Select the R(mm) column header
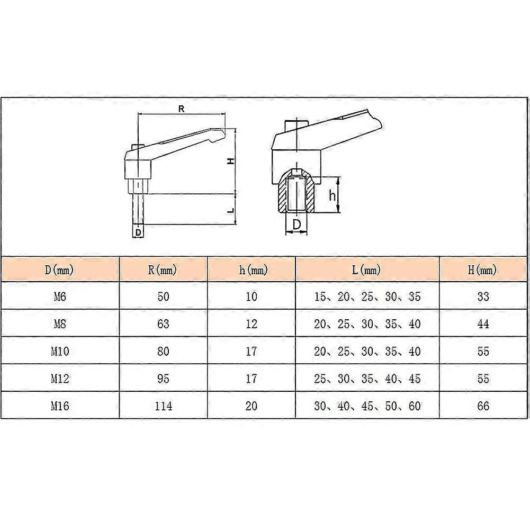coord(163,271)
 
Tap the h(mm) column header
coord(252,271)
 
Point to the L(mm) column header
coord(367,271)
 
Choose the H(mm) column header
coord(482,271)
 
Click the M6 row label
coord(59,297)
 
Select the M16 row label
coord(59,406)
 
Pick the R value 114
coord(163,406)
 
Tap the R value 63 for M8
coord(163,324)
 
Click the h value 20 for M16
coord(252,406)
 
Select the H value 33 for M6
coord(483,297)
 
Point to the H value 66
coord(483,406)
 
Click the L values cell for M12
coord(367,379)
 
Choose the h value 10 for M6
coord(252,297)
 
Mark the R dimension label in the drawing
coord(181,109)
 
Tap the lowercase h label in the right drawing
coord(333,196)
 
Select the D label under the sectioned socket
coord(297,224)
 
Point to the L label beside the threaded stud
coord(231,210)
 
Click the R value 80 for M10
coord(163,352)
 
